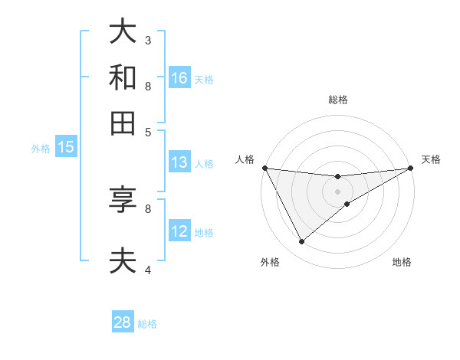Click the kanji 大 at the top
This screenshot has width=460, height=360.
(123, 32)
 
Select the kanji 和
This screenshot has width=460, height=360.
(123, 78)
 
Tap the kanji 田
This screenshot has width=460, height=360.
(123, 123)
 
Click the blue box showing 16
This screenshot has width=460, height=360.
(179, 78)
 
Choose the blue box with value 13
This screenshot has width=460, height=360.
(179, 162)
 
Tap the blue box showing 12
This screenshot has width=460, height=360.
(179, 231)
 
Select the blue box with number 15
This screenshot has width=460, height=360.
(66, 147)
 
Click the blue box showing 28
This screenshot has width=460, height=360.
(123, 322)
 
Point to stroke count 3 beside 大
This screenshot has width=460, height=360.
(148, 39)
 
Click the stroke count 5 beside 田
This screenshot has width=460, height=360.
(148, 131)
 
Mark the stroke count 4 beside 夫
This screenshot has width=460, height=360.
(148, 269)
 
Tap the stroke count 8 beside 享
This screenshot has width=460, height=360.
(148, 208)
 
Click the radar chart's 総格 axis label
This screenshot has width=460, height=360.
(338, 100)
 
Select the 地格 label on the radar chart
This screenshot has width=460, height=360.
(402, 262)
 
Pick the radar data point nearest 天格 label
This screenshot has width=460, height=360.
(411, 169)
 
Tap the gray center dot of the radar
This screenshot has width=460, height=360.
(338, 191)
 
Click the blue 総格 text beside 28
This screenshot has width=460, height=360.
(147, 324)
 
